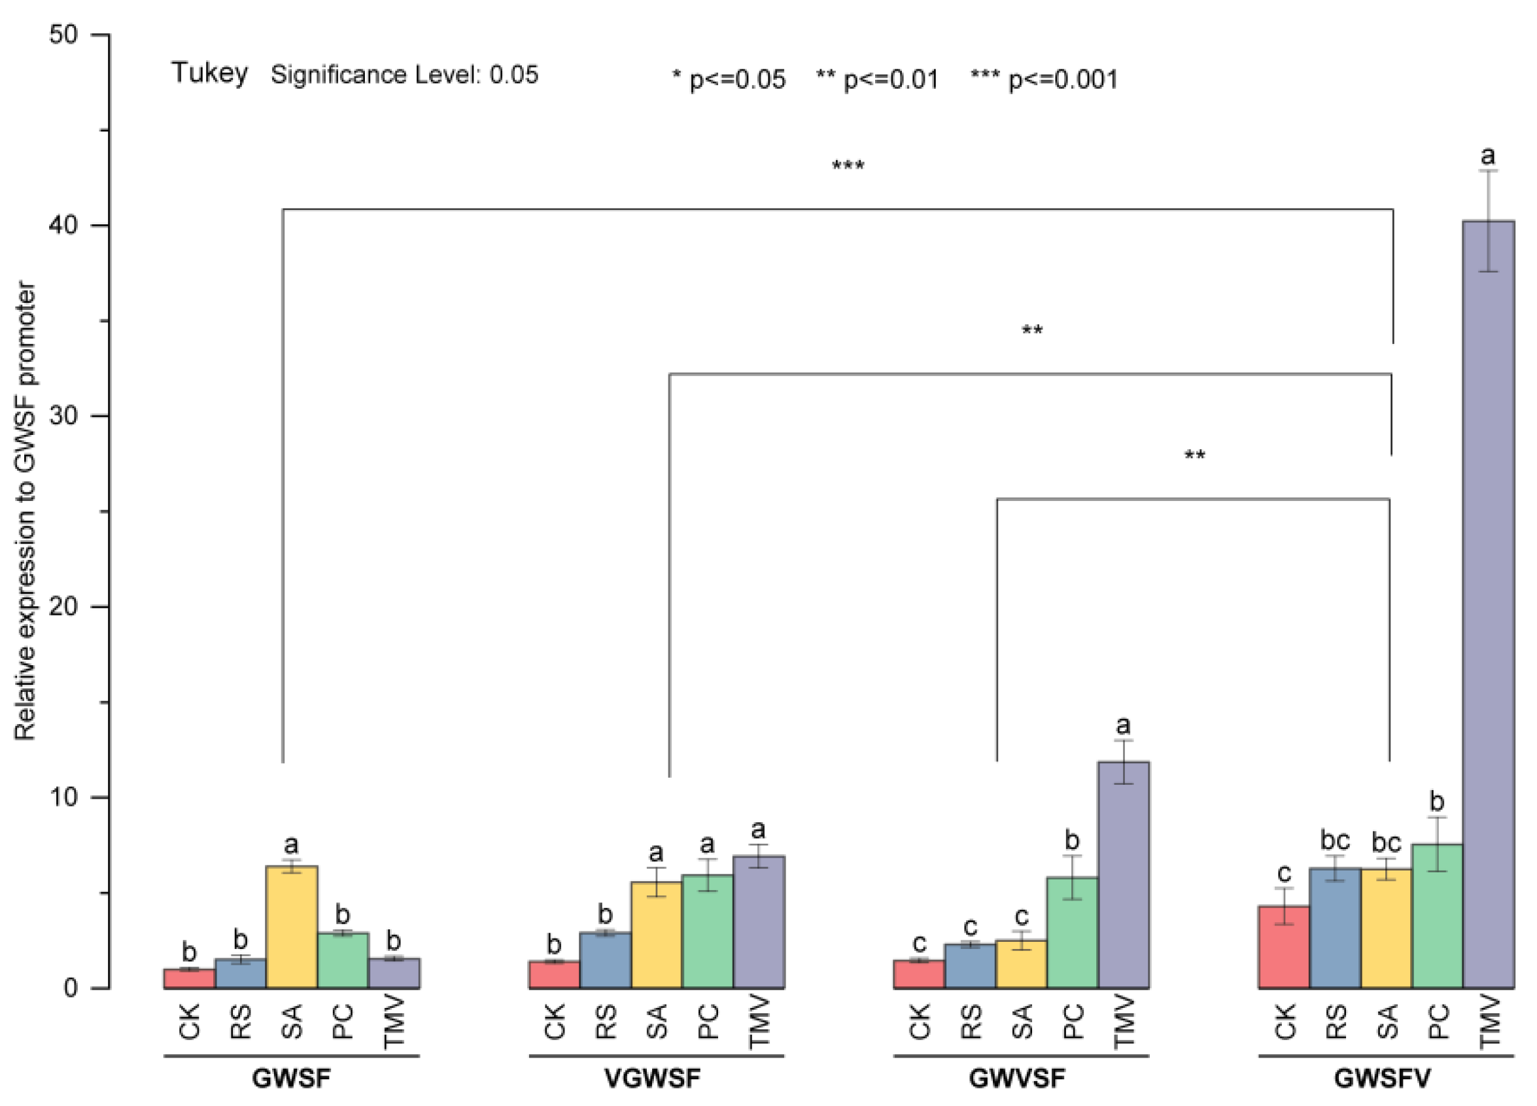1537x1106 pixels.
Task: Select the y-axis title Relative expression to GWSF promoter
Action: (x=25, y=511)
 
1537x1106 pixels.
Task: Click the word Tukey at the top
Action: (x=209, y=73)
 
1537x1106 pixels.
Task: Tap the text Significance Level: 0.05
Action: (x=405, y=75)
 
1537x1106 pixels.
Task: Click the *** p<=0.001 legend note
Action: (x=1044, y=79)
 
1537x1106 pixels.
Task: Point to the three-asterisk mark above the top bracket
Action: (x=848, y=165)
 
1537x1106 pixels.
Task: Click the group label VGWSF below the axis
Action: (x=652, y=1077)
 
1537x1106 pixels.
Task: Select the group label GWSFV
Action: (x=1383, y=1077)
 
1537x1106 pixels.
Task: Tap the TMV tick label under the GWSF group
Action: (x=394, y=1021)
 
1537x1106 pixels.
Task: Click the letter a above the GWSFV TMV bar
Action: (x=1487, y=156)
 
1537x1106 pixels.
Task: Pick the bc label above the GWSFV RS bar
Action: (x=1334, y=840)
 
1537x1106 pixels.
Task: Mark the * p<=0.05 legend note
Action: (x=729, y=79)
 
